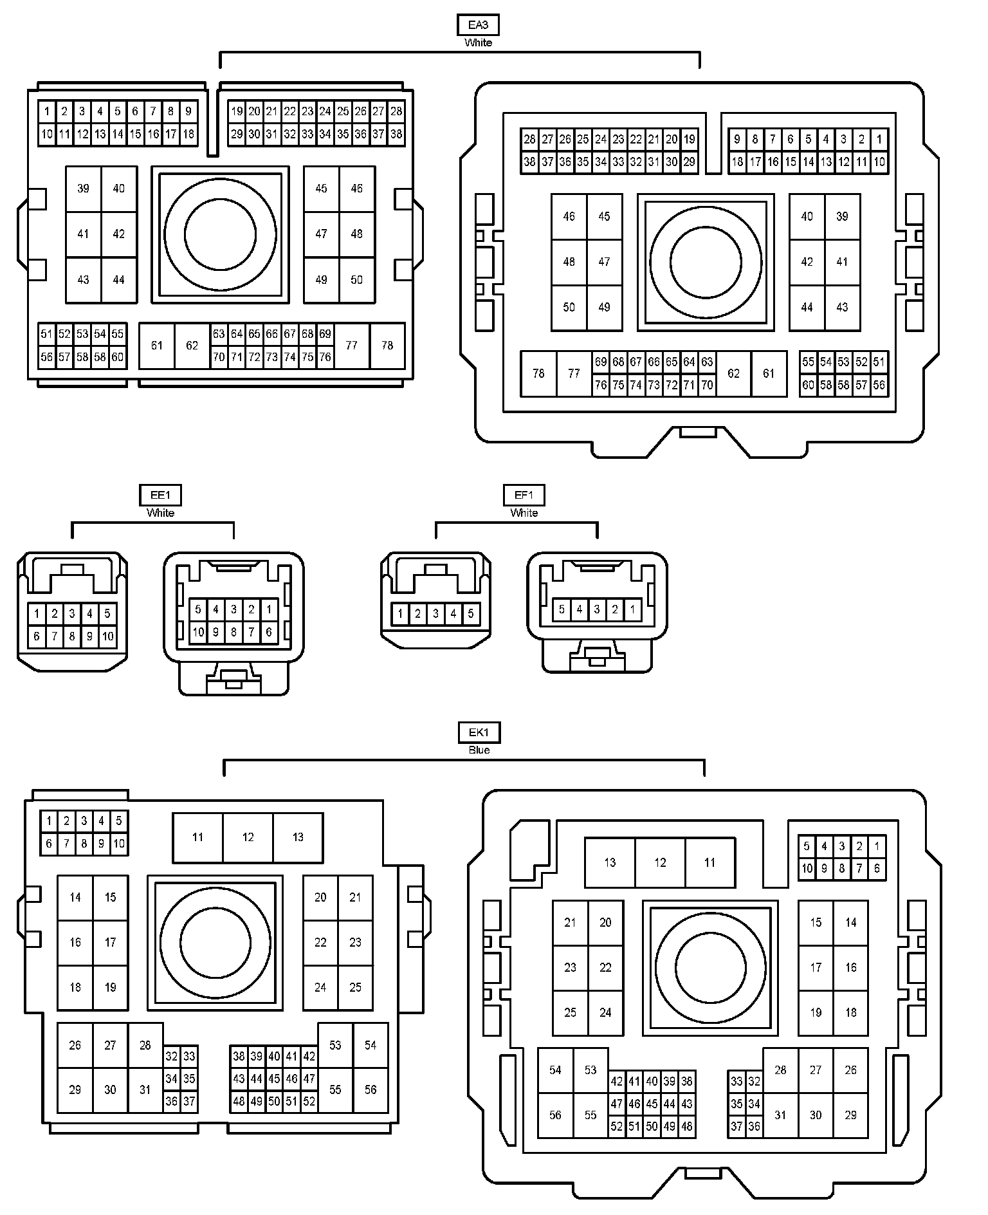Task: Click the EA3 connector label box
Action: pyautogui.click(x=478, y=25)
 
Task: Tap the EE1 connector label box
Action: pyautogui.click(x=160, y=495)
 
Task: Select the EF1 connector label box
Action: pyautogui.click(x=524, y=495)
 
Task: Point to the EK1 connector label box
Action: pyautogui.click(x=479, y=732)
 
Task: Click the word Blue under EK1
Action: pyautogui.click(x=479, y=750)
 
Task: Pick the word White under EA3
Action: pyautogui.click(x=478, y=42)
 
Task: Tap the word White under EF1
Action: pyautogui.click(x=524, y=513)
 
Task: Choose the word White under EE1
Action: pyautogui.click(x=160, y=513)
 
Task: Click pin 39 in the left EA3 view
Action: pyautogui.click(x=83, y=189)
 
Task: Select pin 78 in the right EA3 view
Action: pyautogui.click(x=538, y=373)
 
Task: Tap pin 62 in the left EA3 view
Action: pyautogui.click(x=192, y=346)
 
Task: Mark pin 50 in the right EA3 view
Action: pyautogui.click(x=569, y=307)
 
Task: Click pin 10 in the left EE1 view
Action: pyautogui.click(x=107, y=636)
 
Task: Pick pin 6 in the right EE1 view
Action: pyautogui.click(x=269, y=632)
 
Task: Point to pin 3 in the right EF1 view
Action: pyautogui.click(x=597, y=609)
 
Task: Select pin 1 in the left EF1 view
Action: pyautogui.click(x=400, y=613)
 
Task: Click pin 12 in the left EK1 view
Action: pyautogui.click(x=248, y=837)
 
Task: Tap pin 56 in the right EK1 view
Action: pyautogui.click(x=555, y=1115)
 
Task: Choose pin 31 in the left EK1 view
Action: pyautogui.click(x=145, y=1090)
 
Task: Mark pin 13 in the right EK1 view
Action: pyautogui.click(x=610, y=862)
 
